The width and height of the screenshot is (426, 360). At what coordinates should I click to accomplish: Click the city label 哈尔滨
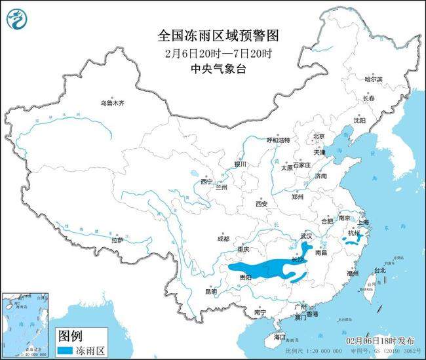click(x=373, y=78)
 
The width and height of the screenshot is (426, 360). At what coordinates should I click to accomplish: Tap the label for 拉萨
click(x=117, y=240)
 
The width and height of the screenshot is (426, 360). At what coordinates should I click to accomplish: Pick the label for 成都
click(x=223, y=239)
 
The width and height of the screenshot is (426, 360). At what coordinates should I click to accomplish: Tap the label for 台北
click(x=379, y=270)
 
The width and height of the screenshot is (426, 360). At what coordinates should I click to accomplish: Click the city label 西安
click(x=262, y=204)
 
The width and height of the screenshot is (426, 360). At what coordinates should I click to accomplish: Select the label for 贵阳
click(x=245, y=278)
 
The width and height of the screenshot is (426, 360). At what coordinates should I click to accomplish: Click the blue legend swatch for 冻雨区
click(x=68, y=351)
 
